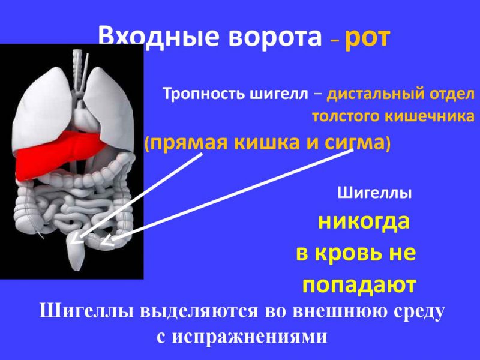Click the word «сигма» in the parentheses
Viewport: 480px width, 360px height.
[357, 143]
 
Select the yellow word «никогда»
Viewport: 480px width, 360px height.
[363, 222]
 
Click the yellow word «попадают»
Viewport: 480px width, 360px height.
[359, 285]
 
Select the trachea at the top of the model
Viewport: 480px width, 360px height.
[77, 66]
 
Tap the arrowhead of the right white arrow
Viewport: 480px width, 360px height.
[106, 242]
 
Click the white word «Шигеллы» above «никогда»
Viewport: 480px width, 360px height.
[375, 194]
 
